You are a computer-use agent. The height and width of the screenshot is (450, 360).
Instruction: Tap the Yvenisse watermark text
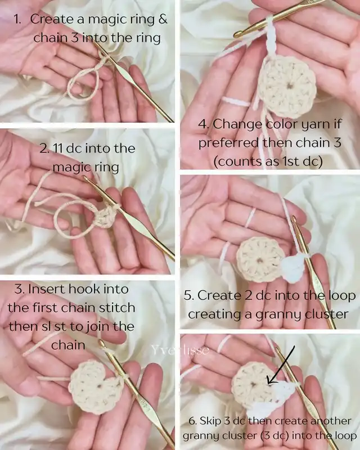(x=180, y=350)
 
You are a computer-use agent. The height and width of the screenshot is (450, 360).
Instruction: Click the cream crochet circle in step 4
(x=287, y=87)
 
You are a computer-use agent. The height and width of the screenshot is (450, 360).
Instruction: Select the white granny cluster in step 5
(x=292, y=268)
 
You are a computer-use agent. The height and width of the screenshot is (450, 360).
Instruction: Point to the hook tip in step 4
(x=237, y=35)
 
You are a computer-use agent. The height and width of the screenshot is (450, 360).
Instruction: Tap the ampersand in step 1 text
(x=162, y=19)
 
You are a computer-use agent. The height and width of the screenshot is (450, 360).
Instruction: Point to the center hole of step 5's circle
(x=260, y=261)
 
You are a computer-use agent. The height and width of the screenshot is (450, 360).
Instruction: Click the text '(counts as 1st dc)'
(x=268, y=161)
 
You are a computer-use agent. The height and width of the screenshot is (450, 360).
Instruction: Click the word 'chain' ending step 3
(x=68, y=345)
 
